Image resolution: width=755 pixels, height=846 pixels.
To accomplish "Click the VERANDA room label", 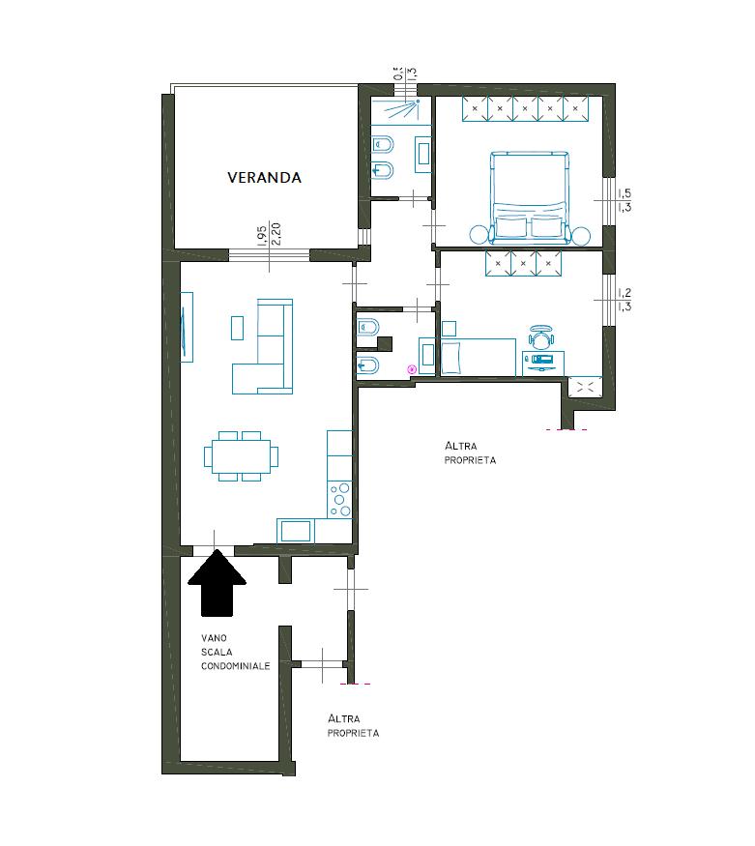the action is pos(264,178).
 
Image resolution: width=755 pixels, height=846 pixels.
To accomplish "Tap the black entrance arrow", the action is pos(217,583).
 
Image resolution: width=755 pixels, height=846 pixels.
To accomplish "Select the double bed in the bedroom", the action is pos(530,197).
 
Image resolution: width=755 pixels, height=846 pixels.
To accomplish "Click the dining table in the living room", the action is pos(242,456).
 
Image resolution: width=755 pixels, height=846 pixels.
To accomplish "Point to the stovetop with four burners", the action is pos(339,500).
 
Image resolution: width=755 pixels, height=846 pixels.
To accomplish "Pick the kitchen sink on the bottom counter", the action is pos(296,532).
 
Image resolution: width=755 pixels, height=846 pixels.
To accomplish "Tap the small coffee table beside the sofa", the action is pos(237,328).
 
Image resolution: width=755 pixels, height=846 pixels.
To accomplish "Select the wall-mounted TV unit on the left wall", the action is pos(187,327).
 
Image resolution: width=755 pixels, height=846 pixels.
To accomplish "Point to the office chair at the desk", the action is pos(541,336).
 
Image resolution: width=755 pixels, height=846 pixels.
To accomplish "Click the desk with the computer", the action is pos(543,363).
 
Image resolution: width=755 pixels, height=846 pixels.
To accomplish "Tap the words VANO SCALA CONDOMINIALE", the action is pos(236,652).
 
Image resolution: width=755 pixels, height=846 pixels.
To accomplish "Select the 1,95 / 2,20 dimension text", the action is pos(269,235).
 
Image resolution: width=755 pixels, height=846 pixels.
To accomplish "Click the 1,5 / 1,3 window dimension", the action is pos(624,200).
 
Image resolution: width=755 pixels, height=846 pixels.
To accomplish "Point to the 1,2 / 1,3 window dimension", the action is pos(624,300).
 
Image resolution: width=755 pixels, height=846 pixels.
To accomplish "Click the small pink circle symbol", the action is pos(412,369).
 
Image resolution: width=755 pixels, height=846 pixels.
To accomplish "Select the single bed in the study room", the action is pos(479,357).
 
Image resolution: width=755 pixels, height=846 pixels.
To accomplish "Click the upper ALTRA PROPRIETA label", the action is pos(470,452).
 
